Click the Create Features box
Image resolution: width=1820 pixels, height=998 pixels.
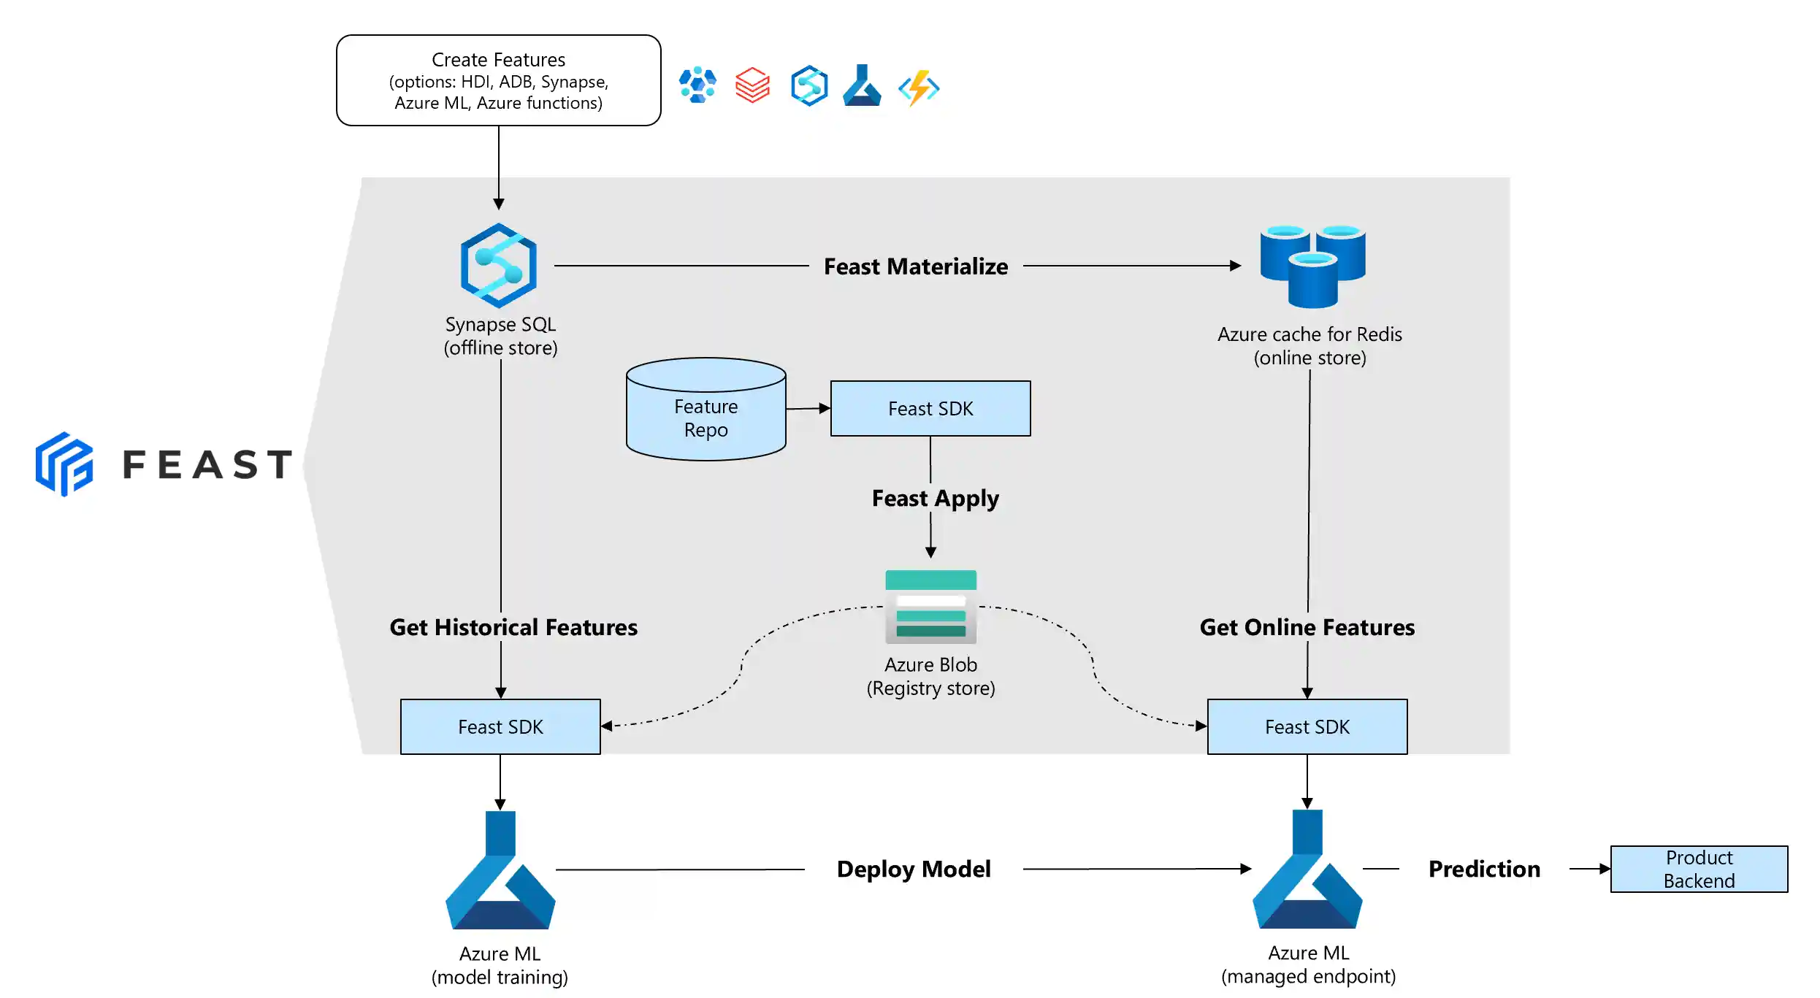[x=498, y=80]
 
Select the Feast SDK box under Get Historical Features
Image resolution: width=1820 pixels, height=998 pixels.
[x=500, y=726]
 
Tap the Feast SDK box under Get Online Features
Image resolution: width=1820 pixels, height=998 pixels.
[x=1307, y=726]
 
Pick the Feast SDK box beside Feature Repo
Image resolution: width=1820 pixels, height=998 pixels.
[x=930, y=408]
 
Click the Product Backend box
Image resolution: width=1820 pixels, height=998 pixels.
[x=1698, y=869]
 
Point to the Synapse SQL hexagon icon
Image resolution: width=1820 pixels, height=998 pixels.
[x=499, y=266]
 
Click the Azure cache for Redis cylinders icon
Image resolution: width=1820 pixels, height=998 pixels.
[x=1312, y=266]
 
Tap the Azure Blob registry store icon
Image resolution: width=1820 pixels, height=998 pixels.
[x=930, y=607]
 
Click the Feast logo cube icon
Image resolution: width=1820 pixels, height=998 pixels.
[x=64, y=464]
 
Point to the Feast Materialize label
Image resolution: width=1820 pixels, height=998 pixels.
[x=915, y=266]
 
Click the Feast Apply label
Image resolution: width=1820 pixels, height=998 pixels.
[x=935, y=498]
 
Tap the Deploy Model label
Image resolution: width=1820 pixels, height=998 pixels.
[x=913, y=869]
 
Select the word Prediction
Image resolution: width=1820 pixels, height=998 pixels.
[x=1483, y=869]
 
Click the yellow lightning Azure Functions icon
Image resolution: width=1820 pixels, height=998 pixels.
[x=919, y=88]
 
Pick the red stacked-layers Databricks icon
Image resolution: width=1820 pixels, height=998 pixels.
[x=752, y=85]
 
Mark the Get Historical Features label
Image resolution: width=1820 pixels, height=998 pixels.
[x=513, y=627]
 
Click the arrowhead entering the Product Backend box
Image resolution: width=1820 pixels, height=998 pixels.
[x=1605, y=869]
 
